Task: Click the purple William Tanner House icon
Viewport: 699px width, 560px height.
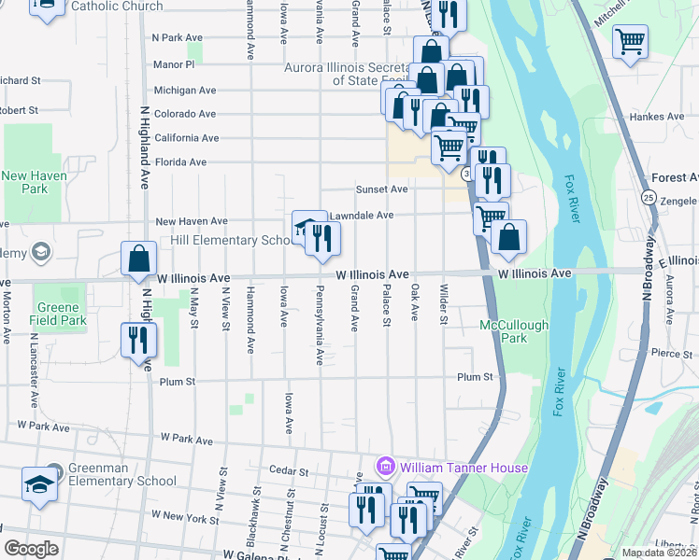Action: (x=383, y=467)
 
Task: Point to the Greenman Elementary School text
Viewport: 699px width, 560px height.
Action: (x=121, y=475)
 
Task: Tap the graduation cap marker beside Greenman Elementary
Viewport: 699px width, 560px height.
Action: (x=38, y=484)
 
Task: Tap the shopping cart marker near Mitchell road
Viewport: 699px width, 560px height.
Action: (x=631, y=40)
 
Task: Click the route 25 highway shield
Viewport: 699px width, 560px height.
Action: (x=648, y=197)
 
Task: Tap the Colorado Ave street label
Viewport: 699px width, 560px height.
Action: (x=185, y=114)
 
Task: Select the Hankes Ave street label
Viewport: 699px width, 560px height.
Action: (x=658, y=117)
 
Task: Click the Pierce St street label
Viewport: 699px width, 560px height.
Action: (x=672, y=354)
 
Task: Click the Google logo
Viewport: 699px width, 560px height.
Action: (x=31, y=549)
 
